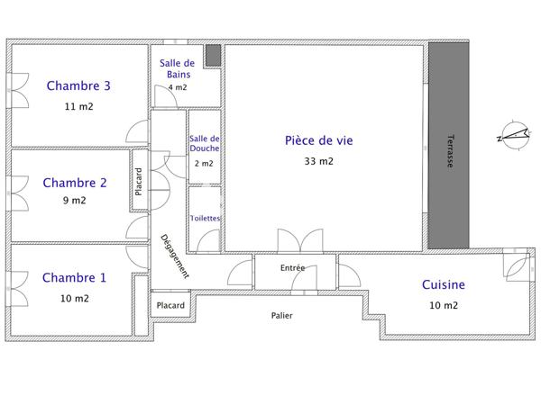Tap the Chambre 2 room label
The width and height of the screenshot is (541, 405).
[75, 183]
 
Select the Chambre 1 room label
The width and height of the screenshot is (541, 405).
[75, 278]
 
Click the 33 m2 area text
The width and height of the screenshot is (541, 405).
[319, 162]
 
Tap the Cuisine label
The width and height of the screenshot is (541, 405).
[444, 285]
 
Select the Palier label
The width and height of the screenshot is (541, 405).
[282, 316]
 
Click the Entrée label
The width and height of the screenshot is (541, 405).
[292, 268]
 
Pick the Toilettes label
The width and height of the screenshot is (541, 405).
[205, 219]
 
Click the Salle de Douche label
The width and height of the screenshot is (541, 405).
[205, 143]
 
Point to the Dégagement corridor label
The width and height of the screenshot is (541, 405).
[174, 256]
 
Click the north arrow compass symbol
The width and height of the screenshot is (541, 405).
[512, 137]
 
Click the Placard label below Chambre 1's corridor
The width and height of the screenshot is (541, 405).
[170, 306]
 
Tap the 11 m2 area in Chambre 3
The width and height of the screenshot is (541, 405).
[79, 106]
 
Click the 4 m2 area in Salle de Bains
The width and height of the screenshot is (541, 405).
[178, 87]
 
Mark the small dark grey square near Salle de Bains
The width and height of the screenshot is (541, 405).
[213, 55]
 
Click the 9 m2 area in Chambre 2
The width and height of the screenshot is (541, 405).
[76, 202]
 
